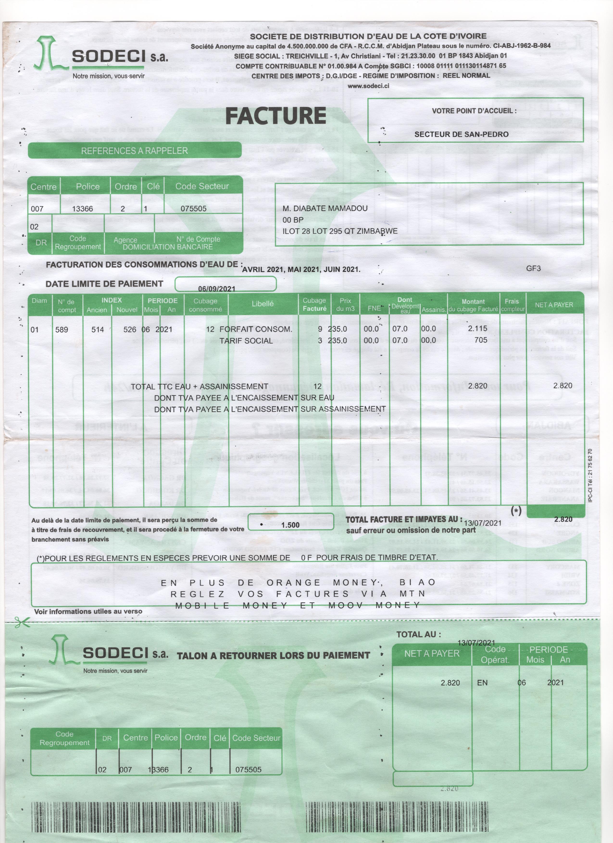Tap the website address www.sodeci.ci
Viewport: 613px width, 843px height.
(x=368, y=86)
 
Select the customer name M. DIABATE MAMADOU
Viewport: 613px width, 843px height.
(x=325, y=208)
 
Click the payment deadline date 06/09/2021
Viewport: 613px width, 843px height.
(x=217, y=288)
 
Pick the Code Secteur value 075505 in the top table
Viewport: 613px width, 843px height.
(x=194, y=208)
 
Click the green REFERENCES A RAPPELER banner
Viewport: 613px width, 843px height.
(x=134, y=151)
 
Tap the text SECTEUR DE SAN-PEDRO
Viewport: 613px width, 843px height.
(x=461, y=134)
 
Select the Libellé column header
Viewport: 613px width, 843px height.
(x=262, y=304)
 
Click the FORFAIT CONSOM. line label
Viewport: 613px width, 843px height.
(x=256, y=329)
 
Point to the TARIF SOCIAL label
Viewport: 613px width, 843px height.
(x=246, y=341)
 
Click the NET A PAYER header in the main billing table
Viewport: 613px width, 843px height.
(x=554, y=305)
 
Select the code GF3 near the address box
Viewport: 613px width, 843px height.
(x=533, y=268)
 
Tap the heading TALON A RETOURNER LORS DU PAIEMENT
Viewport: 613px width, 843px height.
(x=273, y=655)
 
